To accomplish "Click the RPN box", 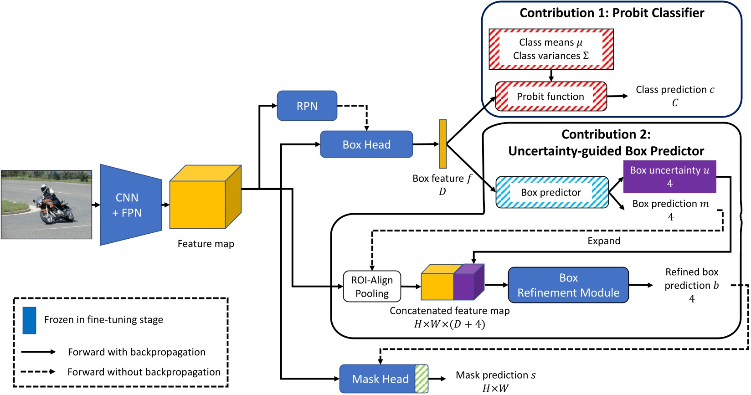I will click(307, 106).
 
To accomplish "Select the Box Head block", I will click(366, 144).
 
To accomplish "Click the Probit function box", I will click(550, 97).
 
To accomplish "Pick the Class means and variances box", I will click(551, 49).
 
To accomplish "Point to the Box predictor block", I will click(551, 192).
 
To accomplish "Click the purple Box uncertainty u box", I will click(669, 176).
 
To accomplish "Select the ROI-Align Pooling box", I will click(372, 287).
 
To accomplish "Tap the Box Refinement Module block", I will click(568, 285).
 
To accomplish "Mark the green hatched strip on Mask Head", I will click(422, 379).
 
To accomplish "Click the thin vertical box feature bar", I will click(442, 144).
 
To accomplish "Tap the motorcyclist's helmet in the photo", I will click(44, 188).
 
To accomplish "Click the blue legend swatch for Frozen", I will click(29, 320).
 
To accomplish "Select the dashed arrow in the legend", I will click(38, 372).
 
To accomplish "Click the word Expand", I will click(603, 241).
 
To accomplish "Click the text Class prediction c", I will click(674, 90).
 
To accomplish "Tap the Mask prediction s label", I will click(495, 375).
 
